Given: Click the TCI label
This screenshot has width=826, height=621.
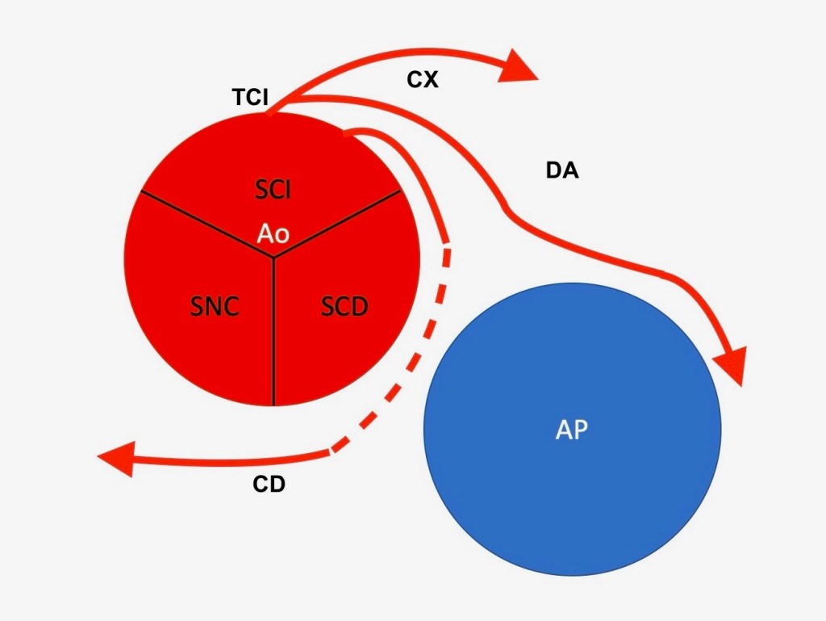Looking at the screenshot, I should click(x=251, y=98).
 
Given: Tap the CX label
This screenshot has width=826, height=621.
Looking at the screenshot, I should click(x=422, y=80).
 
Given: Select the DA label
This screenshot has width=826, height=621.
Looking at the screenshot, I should click(x=562, y=171).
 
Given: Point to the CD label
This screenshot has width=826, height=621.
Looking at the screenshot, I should click(x=269, y=485).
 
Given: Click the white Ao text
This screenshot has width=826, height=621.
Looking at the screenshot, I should click(x=273, y=233).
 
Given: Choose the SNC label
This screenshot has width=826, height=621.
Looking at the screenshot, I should click(x=214, y=307).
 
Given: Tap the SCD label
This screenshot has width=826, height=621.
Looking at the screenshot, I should click(x=344, y=307).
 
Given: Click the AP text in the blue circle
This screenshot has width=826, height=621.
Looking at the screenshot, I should click(x=572, y=430).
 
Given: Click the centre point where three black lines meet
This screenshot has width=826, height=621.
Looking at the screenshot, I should click(x=273, y=258).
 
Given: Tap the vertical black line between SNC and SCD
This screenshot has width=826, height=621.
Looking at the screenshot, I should click(x=273, y=339).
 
